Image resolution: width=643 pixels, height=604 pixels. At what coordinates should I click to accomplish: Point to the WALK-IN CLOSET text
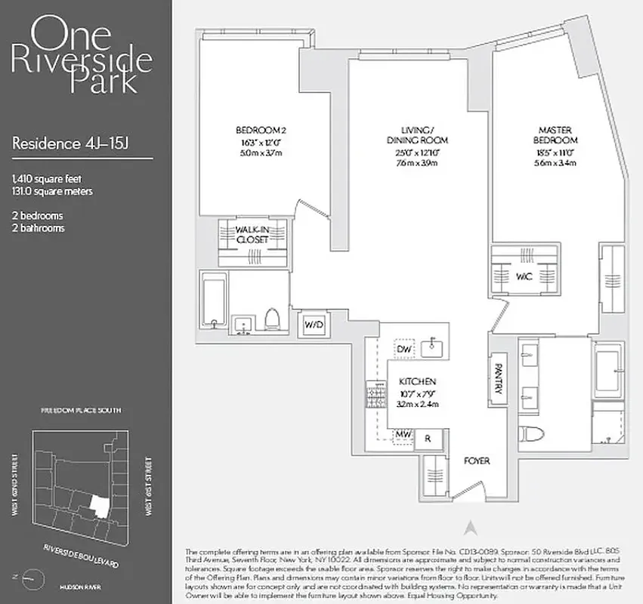(x=252, y=234)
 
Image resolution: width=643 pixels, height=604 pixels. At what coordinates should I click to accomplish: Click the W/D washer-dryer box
(x=312, y=325)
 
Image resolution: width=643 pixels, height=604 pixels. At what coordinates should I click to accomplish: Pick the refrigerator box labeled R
(x=428, y=438)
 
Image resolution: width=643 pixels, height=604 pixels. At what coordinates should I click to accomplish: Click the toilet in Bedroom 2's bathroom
(x=274, y=320)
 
